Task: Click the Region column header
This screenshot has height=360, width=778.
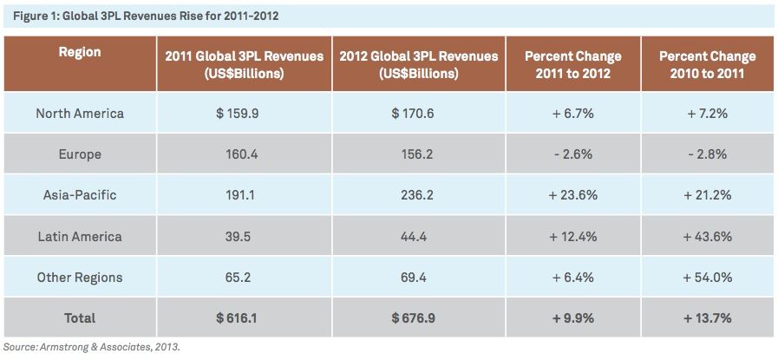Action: tap(80, 52)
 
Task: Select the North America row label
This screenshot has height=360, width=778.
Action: tap(80, 114)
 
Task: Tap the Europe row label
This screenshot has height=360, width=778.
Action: tap(80, 154)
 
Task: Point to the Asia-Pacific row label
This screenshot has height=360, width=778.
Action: tap(80, 195)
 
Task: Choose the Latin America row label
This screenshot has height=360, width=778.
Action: tap(80, 237)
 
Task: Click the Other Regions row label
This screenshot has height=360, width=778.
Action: tap(80, 278)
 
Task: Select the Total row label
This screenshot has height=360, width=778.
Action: tap(80, 318)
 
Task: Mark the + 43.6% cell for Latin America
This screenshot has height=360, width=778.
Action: tap(707, 237)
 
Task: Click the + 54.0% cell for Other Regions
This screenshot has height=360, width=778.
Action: tap(707, 278)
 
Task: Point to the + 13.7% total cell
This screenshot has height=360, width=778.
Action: tap(707, 318)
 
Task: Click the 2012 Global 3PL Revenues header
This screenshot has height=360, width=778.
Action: tap(419, 65)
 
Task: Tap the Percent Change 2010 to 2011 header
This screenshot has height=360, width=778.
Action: tap(707, 65)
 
